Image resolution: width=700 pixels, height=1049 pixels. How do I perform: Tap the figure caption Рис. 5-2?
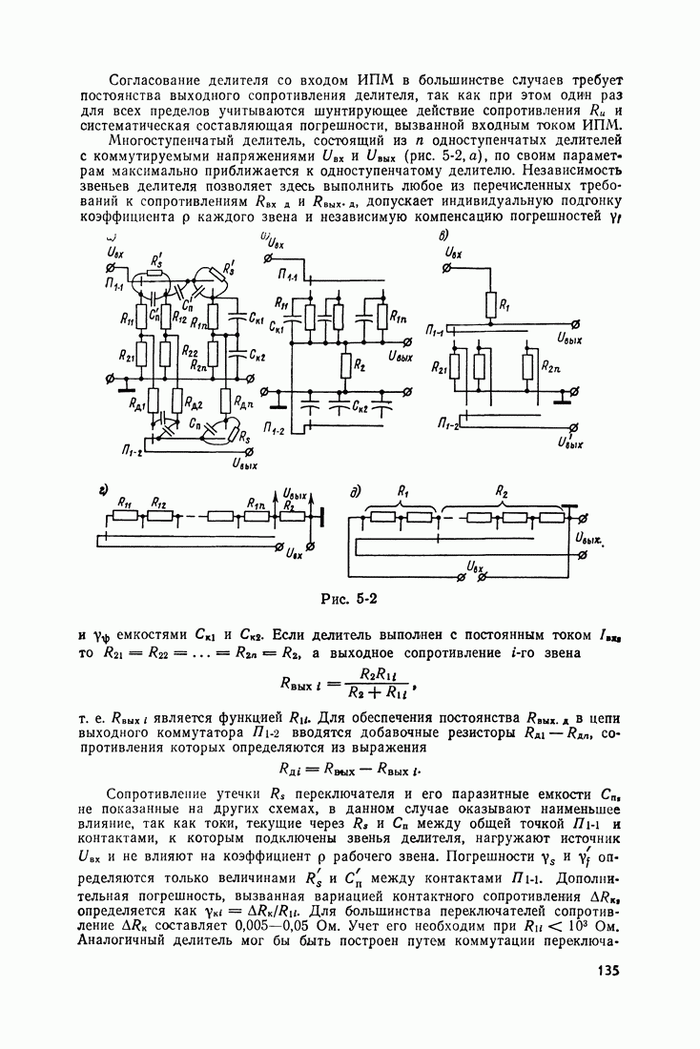(x=350, y=599)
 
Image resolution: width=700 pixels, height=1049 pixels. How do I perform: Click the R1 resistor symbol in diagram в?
(x=489, y=304)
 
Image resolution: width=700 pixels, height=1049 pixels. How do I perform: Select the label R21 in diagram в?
(x=440, y=366)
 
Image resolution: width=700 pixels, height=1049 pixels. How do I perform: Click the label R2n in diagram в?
(x=550, y=366)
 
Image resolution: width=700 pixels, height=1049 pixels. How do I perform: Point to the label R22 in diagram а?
(x=190, y=351)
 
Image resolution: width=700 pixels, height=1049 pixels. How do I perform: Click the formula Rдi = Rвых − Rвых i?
(x=349, y=769)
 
